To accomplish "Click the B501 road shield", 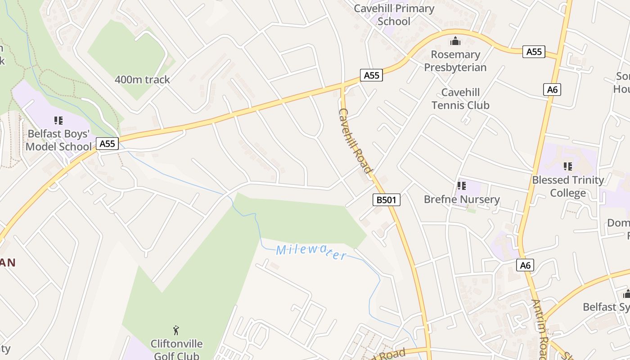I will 387,200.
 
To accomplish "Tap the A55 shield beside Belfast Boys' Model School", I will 107,144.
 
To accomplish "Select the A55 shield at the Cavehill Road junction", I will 371,76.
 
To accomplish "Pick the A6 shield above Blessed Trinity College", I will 552,90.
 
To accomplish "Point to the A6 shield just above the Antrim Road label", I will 525,265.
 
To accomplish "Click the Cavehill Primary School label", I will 394,15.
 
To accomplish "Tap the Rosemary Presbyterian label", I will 455,61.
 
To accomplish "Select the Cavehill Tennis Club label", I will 460,99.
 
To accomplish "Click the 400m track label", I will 142,80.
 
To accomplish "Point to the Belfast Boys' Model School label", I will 58,140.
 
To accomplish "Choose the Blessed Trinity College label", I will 568,186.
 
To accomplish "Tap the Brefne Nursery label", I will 462,199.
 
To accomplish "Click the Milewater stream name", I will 311,252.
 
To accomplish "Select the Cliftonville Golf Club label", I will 176,350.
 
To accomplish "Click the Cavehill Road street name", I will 355,140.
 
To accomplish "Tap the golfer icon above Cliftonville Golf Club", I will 176,331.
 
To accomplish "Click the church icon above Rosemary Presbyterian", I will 455,42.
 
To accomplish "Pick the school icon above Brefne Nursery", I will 461,185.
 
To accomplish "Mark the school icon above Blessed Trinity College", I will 568,166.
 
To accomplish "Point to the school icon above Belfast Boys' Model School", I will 58,120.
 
